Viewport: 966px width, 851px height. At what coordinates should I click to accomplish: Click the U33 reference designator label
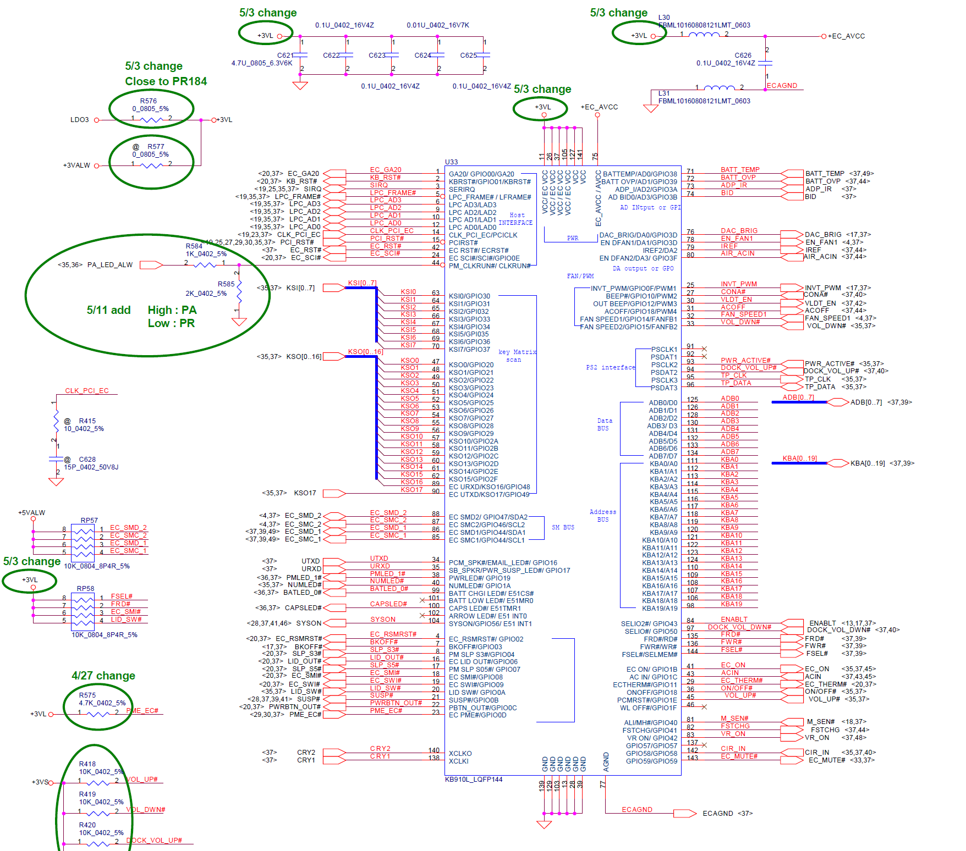coord(451,162)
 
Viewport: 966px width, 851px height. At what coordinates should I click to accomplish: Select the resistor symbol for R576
coord(151,119)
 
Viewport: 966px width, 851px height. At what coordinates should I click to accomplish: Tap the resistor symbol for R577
coord(151,165)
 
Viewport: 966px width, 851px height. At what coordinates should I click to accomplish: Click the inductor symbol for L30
coord(704,35)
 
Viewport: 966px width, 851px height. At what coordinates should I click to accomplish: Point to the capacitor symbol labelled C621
coord(300,55)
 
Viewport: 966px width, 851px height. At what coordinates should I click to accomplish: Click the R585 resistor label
coord(226,284)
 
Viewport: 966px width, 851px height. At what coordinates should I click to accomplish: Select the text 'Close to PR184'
coord(166,81)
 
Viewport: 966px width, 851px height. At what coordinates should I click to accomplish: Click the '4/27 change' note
coord(103,676)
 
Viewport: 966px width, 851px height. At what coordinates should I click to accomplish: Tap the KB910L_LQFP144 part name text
coord(474,779)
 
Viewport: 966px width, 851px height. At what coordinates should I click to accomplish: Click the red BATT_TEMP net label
coord(740,170)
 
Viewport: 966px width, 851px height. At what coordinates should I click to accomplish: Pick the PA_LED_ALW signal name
coord(110,265)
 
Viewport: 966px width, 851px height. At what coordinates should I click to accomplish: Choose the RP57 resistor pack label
coord(89,520)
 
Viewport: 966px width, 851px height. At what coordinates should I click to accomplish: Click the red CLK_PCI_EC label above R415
coord(87,391)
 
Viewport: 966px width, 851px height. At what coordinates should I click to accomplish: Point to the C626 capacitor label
coord(743,56)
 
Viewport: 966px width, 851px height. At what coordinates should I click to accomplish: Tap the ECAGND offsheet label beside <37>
coord(717,813)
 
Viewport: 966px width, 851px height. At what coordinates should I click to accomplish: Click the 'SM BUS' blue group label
coord(563,527)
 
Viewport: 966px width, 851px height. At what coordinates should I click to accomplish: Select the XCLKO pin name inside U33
coord(460,753)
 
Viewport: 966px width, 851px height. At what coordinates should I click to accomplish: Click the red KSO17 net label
coord(411,490)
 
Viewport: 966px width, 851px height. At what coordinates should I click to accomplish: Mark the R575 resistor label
coord(87,695)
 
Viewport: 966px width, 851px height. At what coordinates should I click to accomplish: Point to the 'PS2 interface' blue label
coord(610,367)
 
